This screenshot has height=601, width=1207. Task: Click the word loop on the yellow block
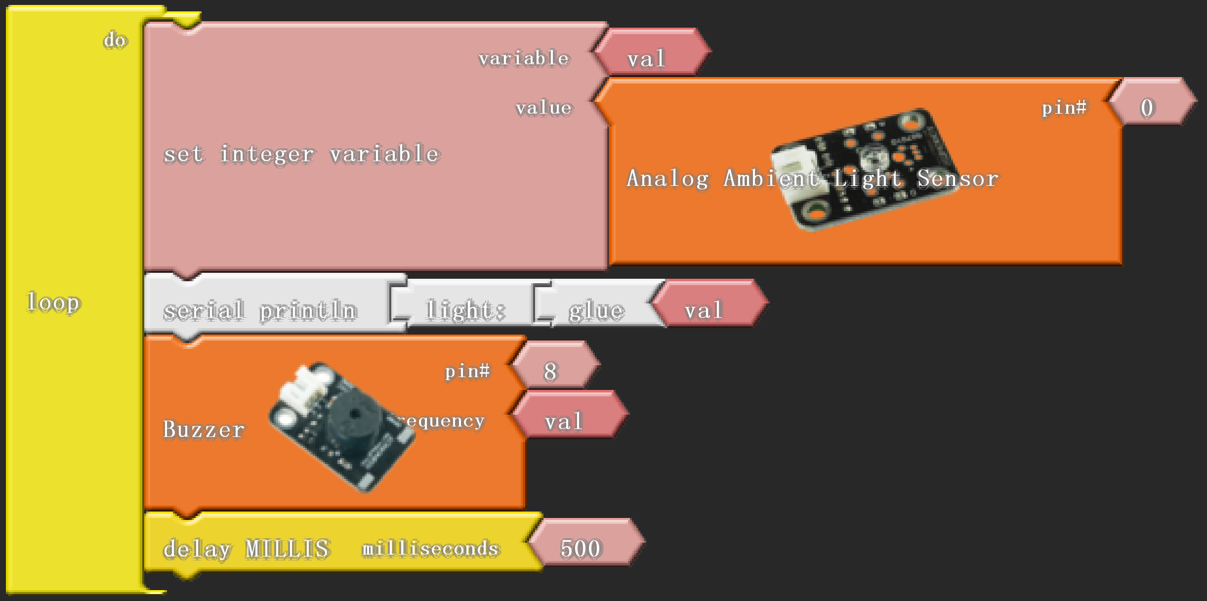tap(53, 302)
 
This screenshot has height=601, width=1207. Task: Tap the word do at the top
tap(116, 40)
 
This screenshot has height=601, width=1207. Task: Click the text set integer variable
tap(301, 154)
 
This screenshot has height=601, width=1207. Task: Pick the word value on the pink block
tap(543, 108)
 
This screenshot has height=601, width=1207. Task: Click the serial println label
tap(260, 310)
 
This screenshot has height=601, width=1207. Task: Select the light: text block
tap(465, 310)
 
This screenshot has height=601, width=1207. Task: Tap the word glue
tap(596, 310)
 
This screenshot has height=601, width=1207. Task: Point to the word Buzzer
tap(204, 429)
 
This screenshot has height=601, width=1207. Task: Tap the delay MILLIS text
tap(246, 549)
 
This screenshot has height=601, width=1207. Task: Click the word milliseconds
tap(430, 549)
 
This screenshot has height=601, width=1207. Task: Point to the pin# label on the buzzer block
tap(467, 371)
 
